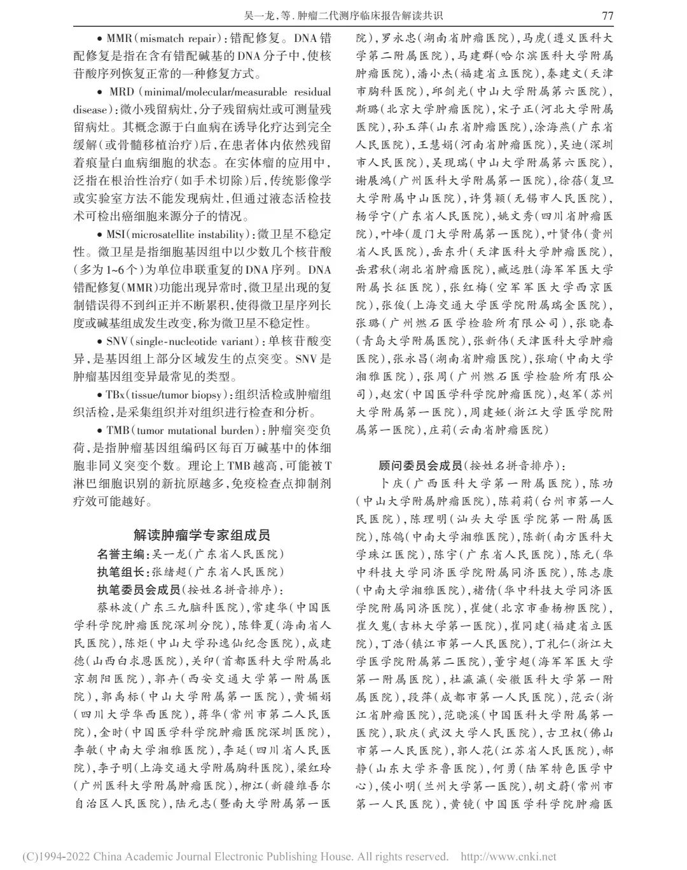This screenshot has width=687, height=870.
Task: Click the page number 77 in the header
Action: (607, 15)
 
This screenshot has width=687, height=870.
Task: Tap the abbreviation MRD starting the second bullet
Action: (121, 92)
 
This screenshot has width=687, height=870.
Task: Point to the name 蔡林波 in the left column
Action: (110, 608)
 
